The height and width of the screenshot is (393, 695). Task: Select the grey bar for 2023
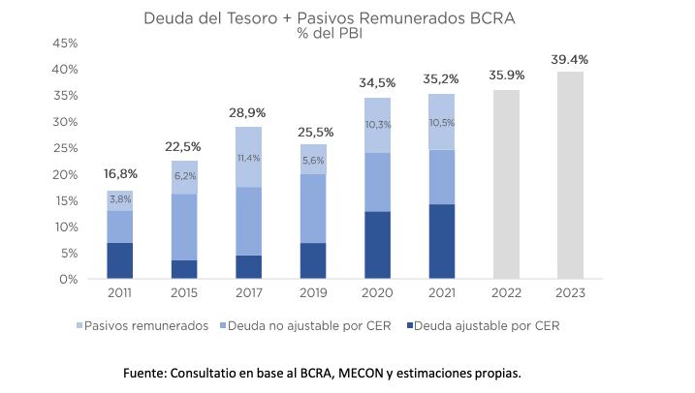(x=569, y=175)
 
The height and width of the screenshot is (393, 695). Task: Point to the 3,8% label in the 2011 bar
(x=120, y=200)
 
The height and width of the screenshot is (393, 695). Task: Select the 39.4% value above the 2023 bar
(x=569, y=59)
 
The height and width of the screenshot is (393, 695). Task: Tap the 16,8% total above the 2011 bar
(x=120, y=174)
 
